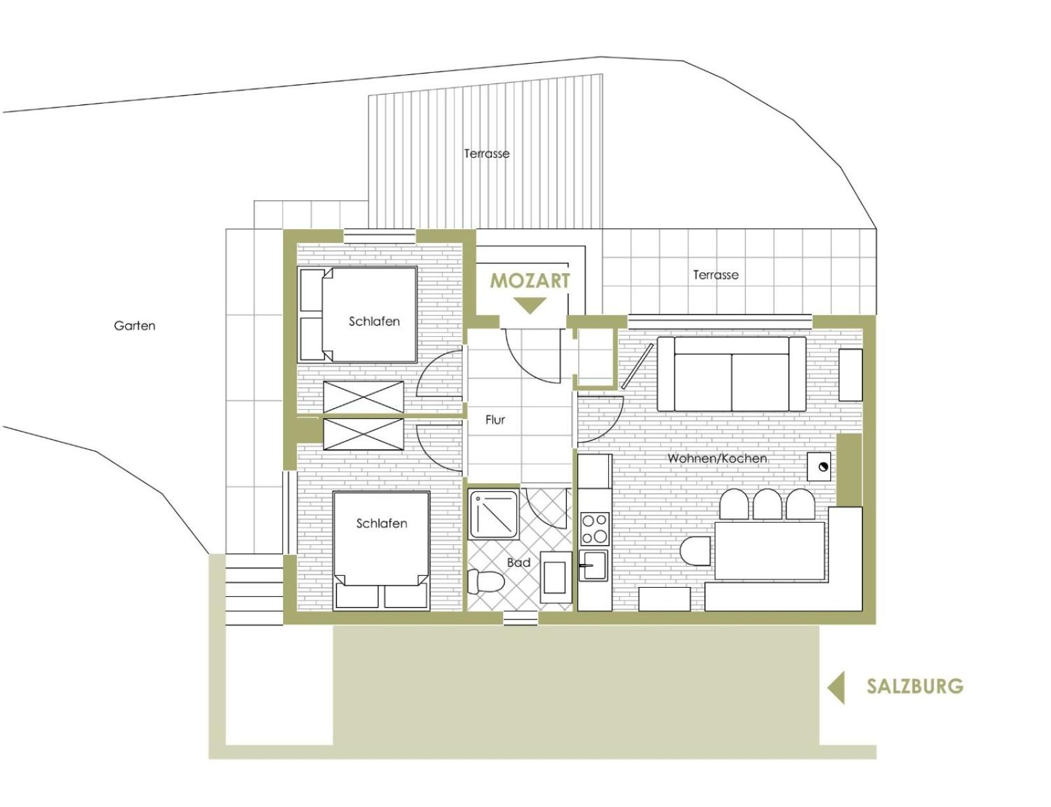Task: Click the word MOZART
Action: (529, 281)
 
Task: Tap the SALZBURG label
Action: (914, 686)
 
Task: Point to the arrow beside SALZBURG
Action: (836, 687)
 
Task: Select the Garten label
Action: (135, 326)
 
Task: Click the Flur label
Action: (495, 420)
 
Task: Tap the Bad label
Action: (518, 562)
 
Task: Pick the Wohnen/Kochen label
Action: (717, 458)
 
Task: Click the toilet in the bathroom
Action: (486, 581)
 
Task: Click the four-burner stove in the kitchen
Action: (595, 529)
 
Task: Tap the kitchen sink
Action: (593, 565)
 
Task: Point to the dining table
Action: (770, 550)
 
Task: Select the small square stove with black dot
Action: (819, 467)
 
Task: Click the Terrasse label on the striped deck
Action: (487, 154)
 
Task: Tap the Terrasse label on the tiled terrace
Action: (716, 275)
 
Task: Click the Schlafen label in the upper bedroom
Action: (374, 322)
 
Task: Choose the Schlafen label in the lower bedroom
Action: (382, 523)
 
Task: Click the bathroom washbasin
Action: (554, 577)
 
